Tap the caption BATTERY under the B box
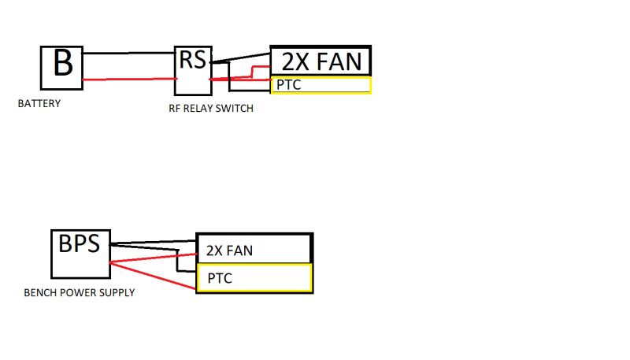click(x=39, y=103)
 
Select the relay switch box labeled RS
click(x=193, y=69)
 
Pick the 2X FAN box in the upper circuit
click(x=320, y=61)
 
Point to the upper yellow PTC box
click(x=321, y=85)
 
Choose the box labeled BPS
click(x=80, y=254)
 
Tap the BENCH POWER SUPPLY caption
click(x=79, y=293)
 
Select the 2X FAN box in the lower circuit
click(x=254, y=249)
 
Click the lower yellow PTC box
click(x=254, y=278)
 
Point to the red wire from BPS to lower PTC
click(x=154, y=276)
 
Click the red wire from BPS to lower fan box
click(x=154, y=258)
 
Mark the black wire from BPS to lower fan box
click(x=154, y=243)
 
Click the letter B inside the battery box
click(x=62, y=63)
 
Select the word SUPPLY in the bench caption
click(x=117, y=293)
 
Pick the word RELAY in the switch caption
click(x=203, y=109)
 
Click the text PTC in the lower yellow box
click(x=220, y=278)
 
